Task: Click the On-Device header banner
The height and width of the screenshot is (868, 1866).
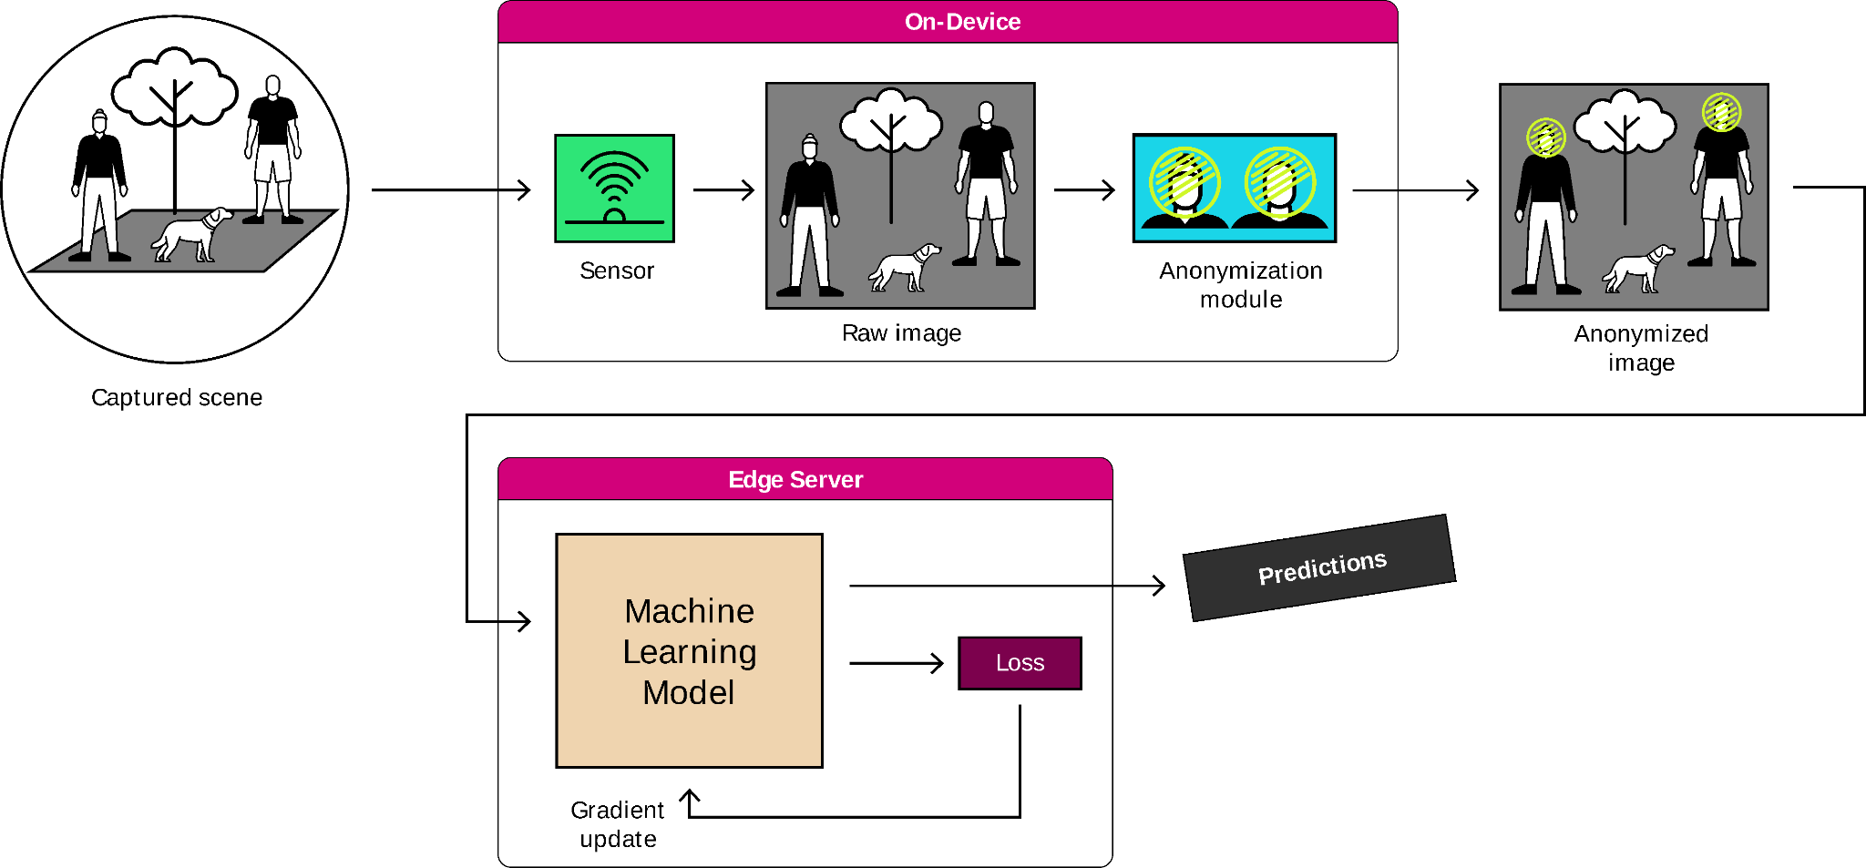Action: coord(948,22)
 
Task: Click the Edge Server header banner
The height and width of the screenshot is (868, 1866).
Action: coord(805,479)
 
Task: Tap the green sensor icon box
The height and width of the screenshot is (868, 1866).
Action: coord(614,189)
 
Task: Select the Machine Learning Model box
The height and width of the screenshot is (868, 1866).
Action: coord(689,650)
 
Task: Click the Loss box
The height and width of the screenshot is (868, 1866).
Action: coord(1020,663)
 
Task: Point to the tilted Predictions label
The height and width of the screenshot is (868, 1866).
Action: coord(1319,568)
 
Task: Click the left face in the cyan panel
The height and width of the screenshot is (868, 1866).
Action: coord(1184,185)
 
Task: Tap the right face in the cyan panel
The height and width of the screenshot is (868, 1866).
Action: coord(1280,185)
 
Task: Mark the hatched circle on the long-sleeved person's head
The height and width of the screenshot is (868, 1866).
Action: coord(1546,138)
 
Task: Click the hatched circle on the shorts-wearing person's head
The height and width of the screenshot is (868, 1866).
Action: coord(1721,113)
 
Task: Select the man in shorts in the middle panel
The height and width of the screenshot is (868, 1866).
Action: coord(986,187)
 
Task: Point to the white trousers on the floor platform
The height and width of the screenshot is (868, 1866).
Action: coord(99,217)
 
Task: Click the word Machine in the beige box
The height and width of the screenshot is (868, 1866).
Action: coord(689,611)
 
